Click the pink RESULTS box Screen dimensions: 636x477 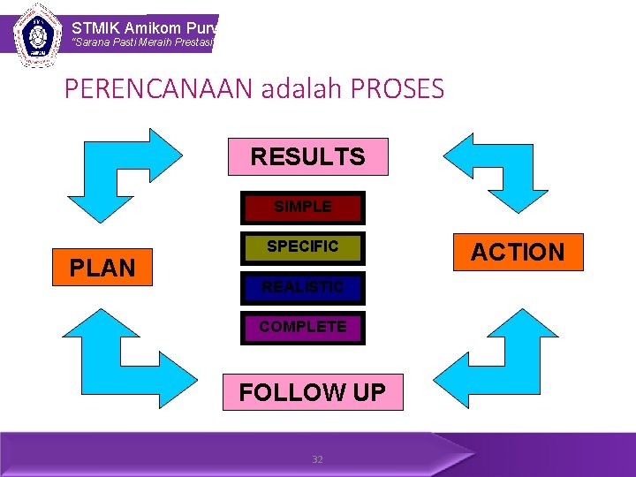point(307,156)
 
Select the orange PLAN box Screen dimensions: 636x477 point(102,268)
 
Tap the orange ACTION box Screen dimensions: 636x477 point(517,252)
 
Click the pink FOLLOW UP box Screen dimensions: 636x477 point(312,392)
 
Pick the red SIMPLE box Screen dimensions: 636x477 point(302,207)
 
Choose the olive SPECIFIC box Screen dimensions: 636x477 point(302,246)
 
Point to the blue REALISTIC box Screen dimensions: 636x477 point(302,287)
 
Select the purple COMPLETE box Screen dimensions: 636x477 point(302,327)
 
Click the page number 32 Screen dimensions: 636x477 point(317,459)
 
